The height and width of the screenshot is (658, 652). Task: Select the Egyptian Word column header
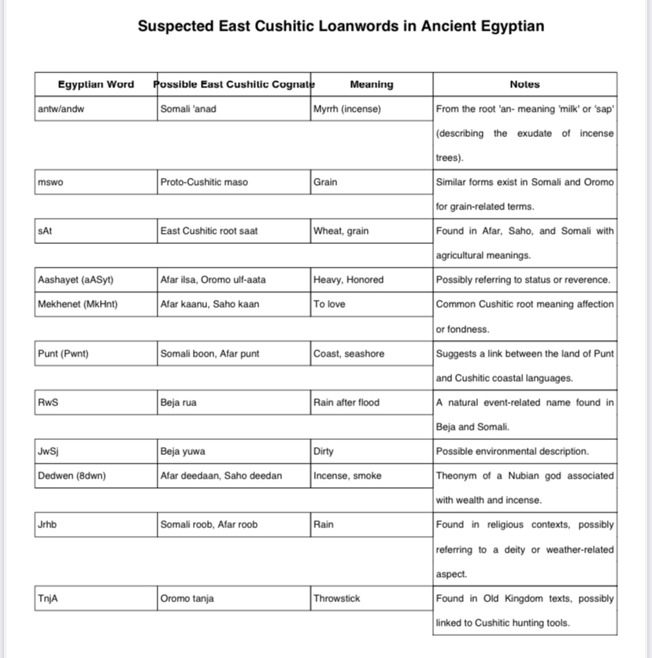tap(96, 84)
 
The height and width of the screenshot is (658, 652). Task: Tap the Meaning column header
tap(371, 84)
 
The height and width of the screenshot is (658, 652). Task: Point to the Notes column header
tap(524, 84)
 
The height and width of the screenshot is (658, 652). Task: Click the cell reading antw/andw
tap(61, 109)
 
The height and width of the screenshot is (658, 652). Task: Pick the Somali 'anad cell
tap(188, 109)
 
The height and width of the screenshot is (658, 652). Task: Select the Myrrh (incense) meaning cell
tap(347, 109)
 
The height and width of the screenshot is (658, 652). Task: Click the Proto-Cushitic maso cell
tap(204, 182)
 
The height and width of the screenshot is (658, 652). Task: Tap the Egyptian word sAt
tap(45, 231)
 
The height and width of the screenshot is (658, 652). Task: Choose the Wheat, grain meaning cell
tap(342, 231)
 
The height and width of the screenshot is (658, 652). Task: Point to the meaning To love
tap(329, 304)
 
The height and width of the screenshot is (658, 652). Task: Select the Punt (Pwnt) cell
tap(63, 353)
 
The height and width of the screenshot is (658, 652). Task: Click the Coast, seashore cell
tap(349, 353)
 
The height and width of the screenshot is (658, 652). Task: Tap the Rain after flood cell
tap(346, 402)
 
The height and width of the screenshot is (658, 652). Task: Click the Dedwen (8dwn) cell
tap(72, 475)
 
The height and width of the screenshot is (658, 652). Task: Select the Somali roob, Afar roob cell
tap(209, 524)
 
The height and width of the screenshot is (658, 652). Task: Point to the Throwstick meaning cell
tap(337, 598)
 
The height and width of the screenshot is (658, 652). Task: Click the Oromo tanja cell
tap(187, 598)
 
